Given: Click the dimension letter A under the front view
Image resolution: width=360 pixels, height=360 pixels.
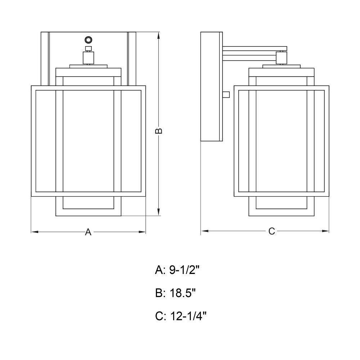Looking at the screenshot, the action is [x=88, y=232].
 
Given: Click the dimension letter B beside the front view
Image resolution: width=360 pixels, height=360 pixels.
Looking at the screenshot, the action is [x=159, y=131].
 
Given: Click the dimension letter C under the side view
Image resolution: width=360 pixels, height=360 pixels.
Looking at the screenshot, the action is [x=271, y=231].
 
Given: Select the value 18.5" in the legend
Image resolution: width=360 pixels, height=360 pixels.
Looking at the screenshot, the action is [x=183, y=293].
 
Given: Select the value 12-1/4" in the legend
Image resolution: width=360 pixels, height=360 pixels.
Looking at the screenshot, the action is [x=188, y=316].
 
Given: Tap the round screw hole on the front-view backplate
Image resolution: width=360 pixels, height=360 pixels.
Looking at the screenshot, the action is [x=88, y=40].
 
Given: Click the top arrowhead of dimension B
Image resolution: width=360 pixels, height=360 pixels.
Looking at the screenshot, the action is [x=159, y=36].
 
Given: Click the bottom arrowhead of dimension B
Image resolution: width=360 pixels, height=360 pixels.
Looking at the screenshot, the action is [x=159, y=212].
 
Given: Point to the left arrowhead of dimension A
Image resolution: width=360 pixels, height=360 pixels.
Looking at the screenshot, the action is [x=35, y=232].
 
